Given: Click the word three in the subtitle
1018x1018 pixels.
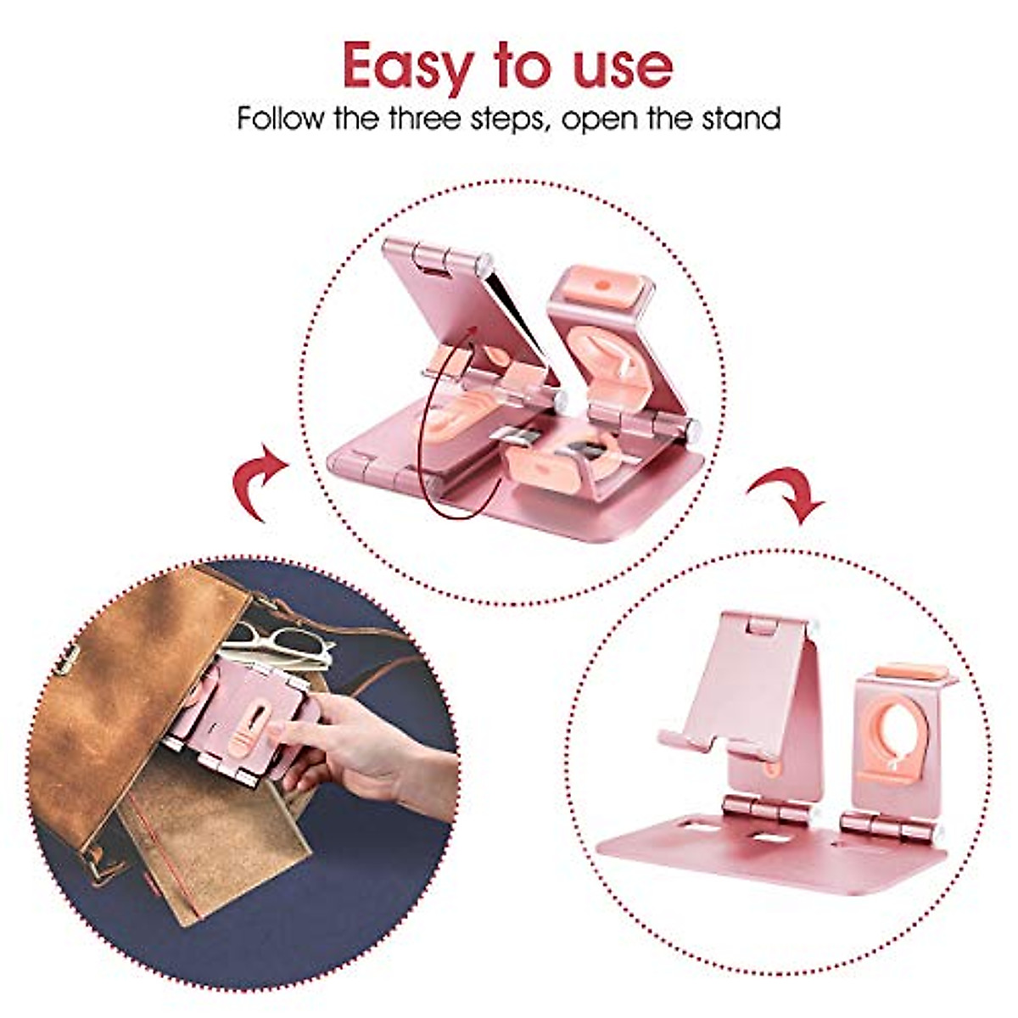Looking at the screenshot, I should tap(425, 118).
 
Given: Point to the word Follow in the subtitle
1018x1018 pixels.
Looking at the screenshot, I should tap(280, 118).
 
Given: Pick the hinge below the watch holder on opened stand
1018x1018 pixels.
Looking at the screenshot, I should tap(891, 824).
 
